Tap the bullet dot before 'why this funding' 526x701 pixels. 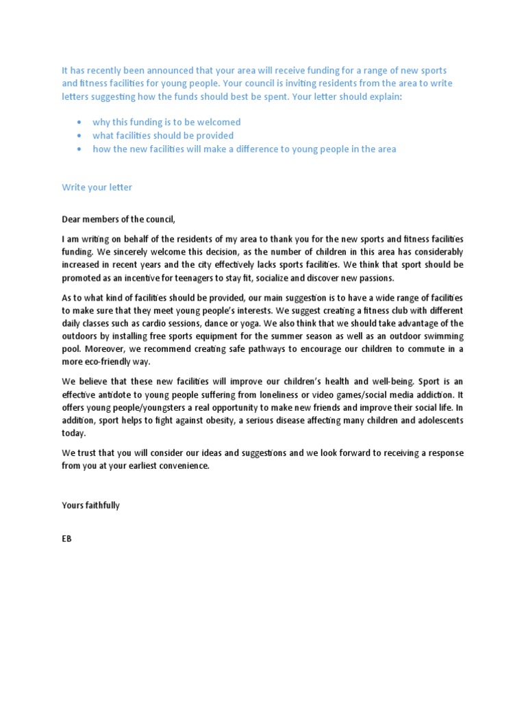point(80,123)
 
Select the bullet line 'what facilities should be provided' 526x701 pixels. point(163,136)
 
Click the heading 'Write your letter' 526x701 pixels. point(97,187)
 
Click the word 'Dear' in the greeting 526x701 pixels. point(73,219)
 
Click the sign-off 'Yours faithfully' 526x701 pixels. point(90,505)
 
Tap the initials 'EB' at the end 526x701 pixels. point(66,539)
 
